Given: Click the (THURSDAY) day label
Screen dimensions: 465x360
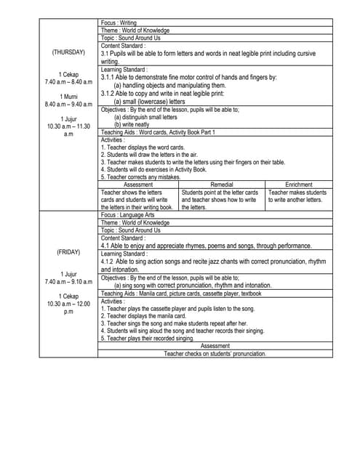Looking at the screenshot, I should click(68, 52).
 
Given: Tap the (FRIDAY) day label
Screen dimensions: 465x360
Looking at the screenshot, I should click(68, 252).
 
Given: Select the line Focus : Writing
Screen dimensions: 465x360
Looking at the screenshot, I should click(119, 23).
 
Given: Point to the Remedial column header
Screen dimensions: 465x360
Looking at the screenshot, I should click(222, 185).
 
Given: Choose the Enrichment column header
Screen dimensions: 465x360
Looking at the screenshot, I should click(299, 185).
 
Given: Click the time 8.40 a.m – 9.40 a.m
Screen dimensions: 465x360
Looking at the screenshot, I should click(68, 104).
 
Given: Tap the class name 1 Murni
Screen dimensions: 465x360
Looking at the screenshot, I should click(68, 96).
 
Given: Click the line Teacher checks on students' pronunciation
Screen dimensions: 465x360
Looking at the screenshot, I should click(215, 353).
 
